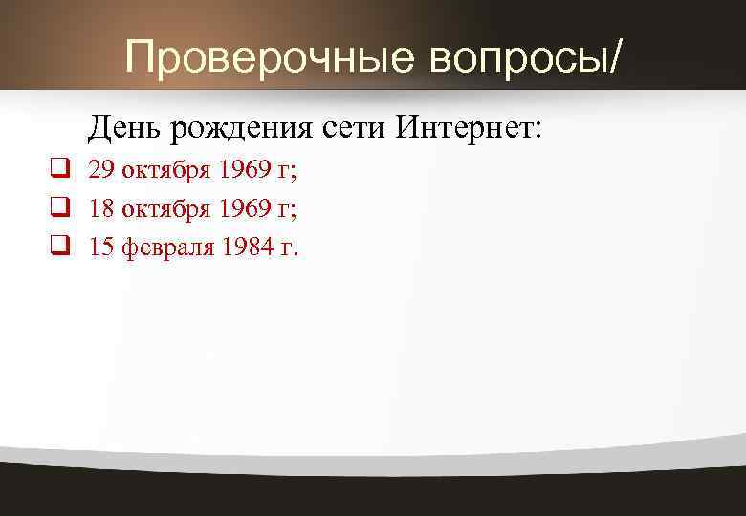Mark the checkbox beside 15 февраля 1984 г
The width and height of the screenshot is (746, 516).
click(x=59, y=247)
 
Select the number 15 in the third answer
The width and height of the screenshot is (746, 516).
click(x=101, y=248)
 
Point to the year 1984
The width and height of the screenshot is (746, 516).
click(x=247, y=248)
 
